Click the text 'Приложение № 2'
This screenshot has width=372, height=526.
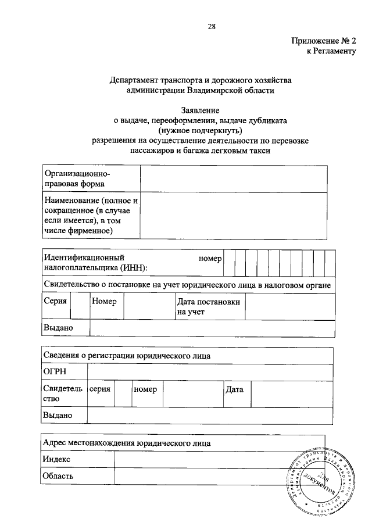pyautogui.click(x=323, y=41)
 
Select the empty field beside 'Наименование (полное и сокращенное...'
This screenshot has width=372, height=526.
pyautogui.click(x=237, y=216)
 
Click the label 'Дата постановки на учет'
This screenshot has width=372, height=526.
pyautogui.click(x=208, y=307)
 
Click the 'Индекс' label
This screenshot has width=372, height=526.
pyautogui.click(x=57, y=459)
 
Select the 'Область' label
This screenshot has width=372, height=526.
pyautogui.click(x=59, y=477)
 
